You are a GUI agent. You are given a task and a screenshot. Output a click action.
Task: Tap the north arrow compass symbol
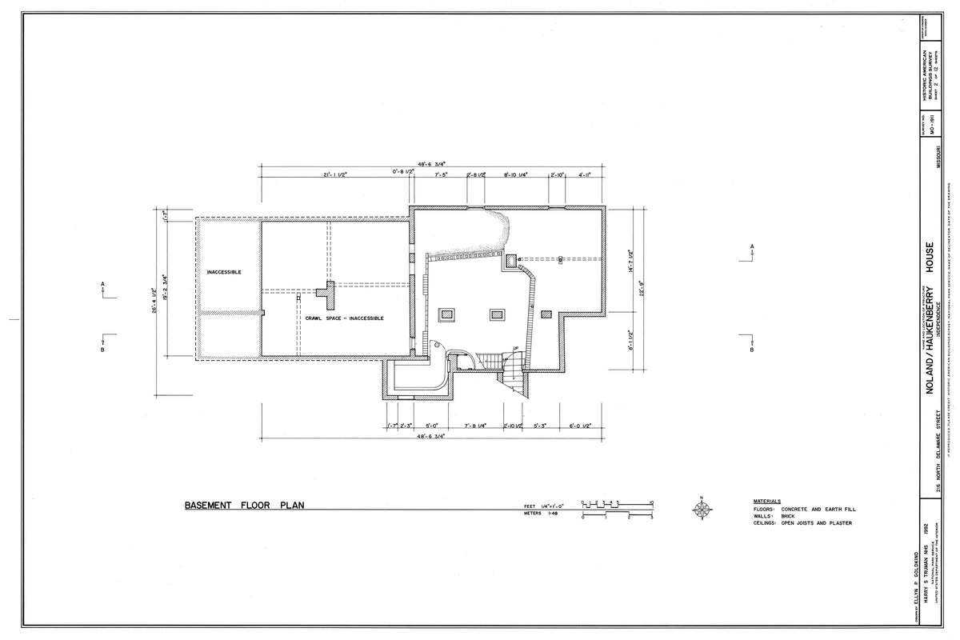(x=702, y=508)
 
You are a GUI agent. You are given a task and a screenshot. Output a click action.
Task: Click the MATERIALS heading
(x=767, y=501)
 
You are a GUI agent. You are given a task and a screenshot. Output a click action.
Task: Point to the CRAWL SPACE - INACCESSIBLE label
(x=344, y=318)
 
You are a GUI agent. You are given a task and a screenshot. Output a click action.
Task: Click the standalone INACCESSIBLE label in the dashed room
(x=224, y=272)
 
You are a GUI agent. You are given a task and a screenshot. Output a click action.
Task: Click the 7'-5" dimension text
(x=440, y=174)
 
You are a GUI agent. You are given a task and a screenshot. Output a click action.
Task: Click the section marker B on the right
(x=752, y=350)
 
